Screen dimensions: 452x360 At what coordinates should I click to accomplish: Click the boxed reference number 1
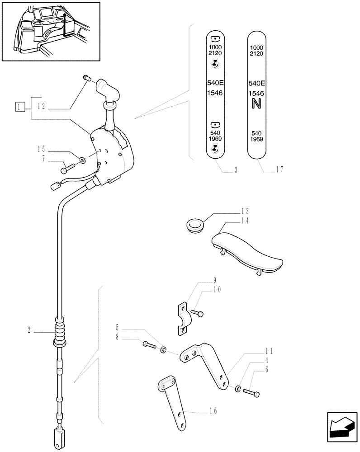tap(19, 107)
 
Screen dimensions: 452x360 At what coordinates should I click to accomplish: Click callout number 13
tap(245, 211)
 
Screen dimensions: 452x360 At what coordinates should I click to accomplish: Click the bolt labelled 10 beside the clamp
tap(198, 312)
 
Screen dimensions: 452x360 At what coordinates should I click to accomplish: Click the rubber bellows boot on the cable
tap(59, 333)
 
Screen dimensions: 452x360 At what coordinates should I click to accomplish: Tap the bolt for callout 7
tap(66, 169)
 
